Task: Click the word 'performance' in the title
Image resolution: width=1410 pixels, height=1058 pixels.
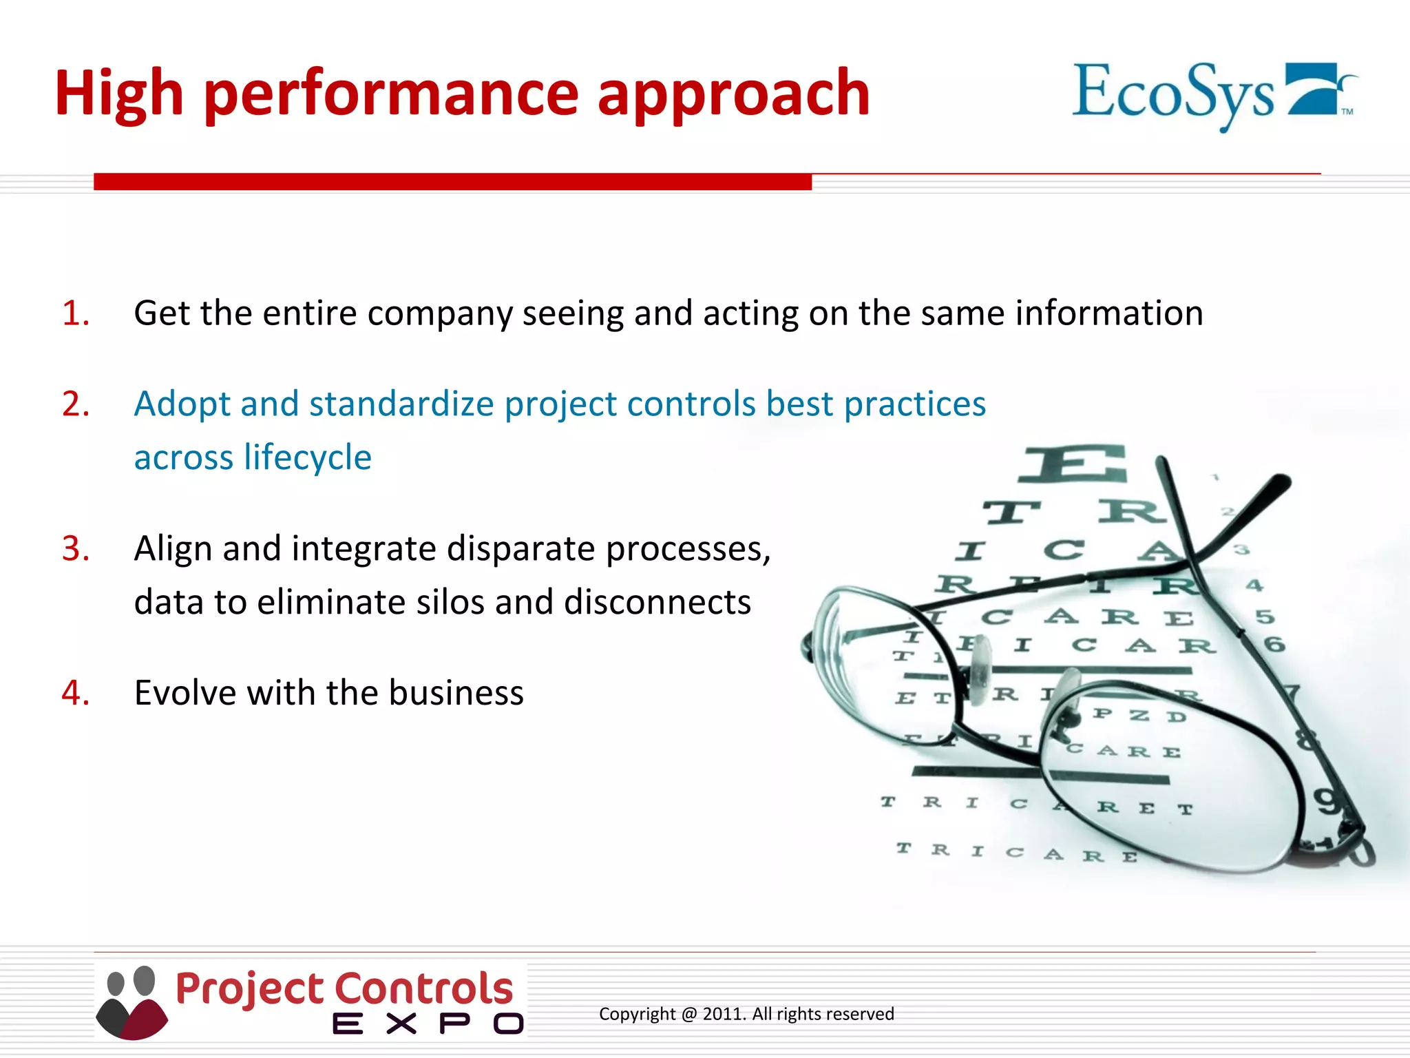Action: (392, 95)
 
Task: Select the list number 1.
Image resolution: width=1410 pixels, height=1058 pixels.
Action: (75, 313)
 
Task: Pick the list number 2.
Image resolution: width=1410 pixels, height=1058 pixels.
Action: (75, 404)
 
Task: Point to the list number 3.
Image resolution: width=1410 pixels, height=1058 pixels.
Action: (75, 549)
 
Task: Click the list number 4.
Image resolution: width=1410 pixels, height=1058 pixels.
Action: (75, 693)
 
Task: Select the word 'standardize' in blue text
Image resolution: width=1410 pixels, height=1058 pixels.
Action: (401, 404)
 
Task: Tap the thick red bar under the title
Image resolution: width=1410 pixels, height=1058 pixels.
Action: (452, 182)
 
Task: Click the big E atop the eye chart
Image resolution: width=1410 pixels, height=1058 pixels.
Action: (1075, 464)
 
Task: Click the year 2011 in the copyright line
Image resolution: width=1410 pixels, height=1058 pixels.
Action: (724, 1014)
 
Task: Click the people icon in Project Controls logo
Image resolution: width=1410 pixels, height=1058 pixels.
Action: (131, 1002)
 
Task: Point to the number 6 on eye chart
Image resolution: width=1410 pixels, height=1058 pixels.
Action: (1274, 645)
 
